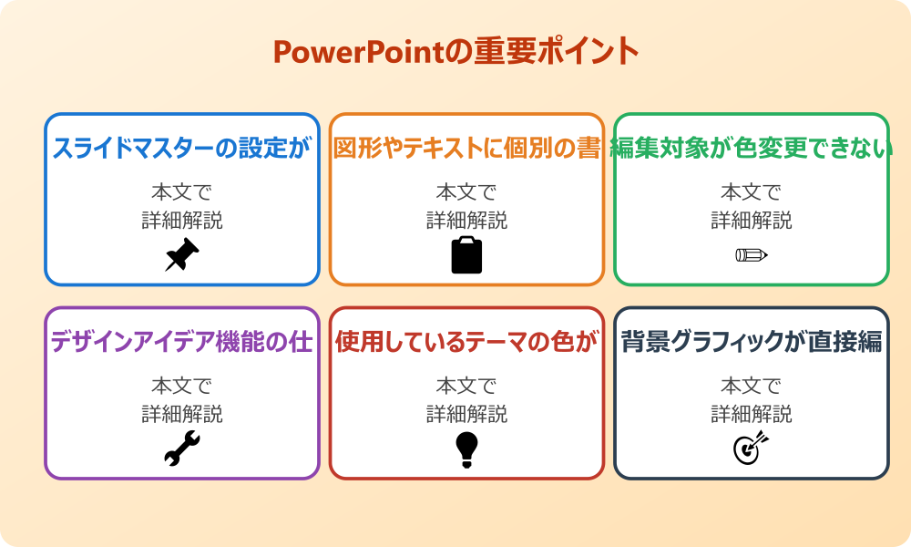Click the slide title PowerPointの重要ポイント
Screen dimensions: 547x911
pyautogui.click(x=455, y=51)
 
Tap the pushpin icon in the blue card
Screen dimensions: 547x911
pyautogui.click(x=182, y=255)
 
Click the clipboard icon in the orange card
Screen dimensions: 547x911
pyautogui.click(x=466, y=255)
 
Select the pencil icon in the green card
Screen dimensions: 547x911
pyautogui.click(x=752, y=254)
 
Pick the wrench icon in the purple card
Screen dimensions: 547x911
pyautogui.click(x=182, y=449)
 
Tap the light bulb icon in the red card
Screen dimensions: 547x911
pyautogui.click(x=466, y=449)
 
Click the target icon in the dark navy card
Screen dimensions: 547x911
pyautogui.click(x=752, y=449)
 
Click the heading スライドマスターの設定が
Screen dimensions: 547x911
pyautogui.click(x=182, y=149)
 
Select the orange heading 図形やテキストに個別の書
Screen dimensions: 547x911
pyautogui.click(x=466, y=149)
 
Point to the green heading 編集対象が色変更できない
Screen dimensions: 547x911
pyautogui.click(x=752, y=149)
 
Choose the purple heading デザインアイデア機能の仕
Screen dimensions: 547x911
pyautogui.click(x=182, y=343)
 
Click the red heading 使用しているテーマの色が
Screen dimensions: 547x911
pyautogui.click(x=466, y=343)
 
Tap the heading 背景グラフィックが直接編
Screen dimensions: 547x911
pyautogui.click(x=752, y=343)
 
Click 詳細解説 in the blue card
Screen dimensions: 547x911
pyautogui.click(x=182, y=220)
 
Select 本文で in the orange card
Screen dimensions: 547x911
pyautogui.click(x=466, y=192)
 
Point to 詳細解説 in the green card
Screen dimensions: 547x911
pyautogui.click(x=752, y=220)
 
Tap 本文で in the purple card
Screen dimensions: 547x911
pyautogui.click(x=182, y=387)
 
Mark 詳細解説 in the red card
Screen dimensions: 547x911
pyautogui.click(x=466, y=414)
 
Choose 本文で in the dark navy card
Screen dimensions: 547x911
pyautogui.click(x=752, y=387)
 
